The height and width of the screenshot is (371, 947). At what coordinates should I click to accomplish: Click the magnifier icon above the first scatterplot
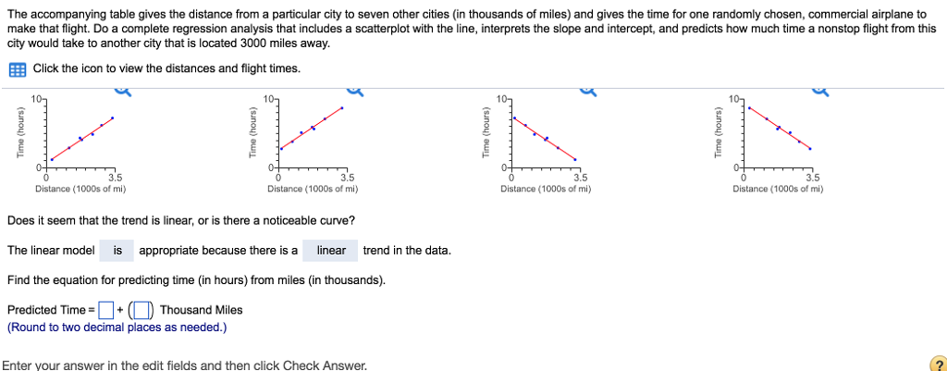(x=122, y=89)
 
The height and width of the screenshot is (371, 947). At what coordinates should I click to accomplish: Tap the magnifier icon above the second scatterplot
(x=354, y=89)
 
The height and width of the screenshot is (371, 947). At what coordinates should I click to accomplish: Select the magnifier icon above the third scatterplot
(x=587, y=89)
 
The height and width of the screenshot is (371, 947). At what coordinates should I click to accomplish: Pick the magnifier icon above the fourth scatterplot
(x=819, y=89)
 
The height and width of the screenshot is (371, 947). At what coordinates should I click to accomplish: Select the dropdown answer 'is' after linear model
(x=117, y=251)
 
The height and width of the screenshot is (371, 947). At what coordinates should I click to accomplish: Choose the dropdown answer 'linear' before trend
(x=331, y=251)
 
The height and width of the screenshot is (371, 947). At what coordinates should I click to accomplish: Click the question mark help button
(x=936, y=364)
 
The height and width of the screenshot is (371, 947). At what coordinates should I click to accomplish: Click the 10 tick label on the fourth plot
(x=734, y=97)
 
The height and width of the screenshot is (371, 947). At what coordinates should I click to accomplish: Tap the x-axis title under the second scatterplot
(x=313, y=189)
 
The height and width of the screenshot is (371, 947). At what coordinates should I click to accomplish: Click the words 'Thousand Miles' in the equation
(x=201, y=310)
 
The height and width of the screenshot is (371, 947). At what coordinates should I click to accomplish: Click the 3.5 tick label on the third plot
(x=580, y=177)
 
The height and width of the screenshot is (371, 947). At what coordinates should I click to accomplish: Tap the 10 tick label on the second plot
(x=268, y=97)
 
